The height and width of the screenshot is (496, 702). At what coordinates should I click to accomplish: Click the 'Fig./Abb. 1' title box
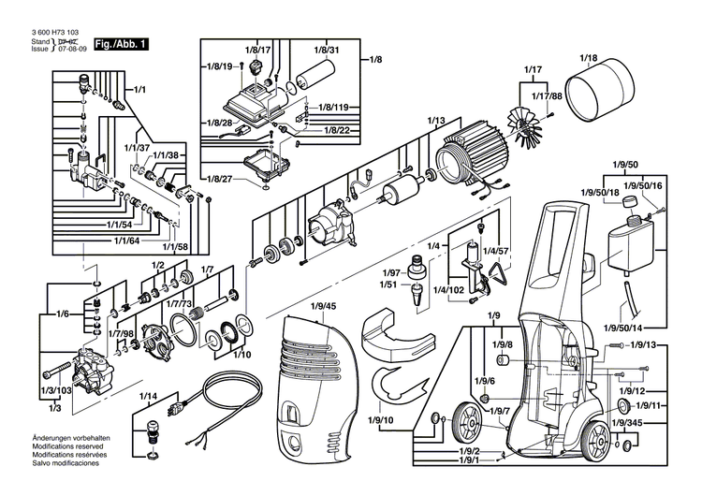pos(123,43)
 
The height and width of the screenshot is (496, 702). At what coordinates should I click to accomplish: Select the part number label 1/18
pos(588,59)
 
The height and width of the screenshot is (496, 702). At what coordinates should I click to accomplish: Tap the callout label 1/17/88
pos(546,97)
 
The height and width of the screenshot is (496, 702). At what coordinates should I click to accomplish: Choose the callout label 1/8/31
pos(327,49)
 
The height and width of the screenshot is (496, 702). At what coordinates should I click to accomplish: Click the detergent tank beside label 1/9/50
pos(629,245)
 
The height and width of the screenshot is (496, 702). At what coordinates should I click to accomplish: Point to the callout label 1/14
pos(149,397)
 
